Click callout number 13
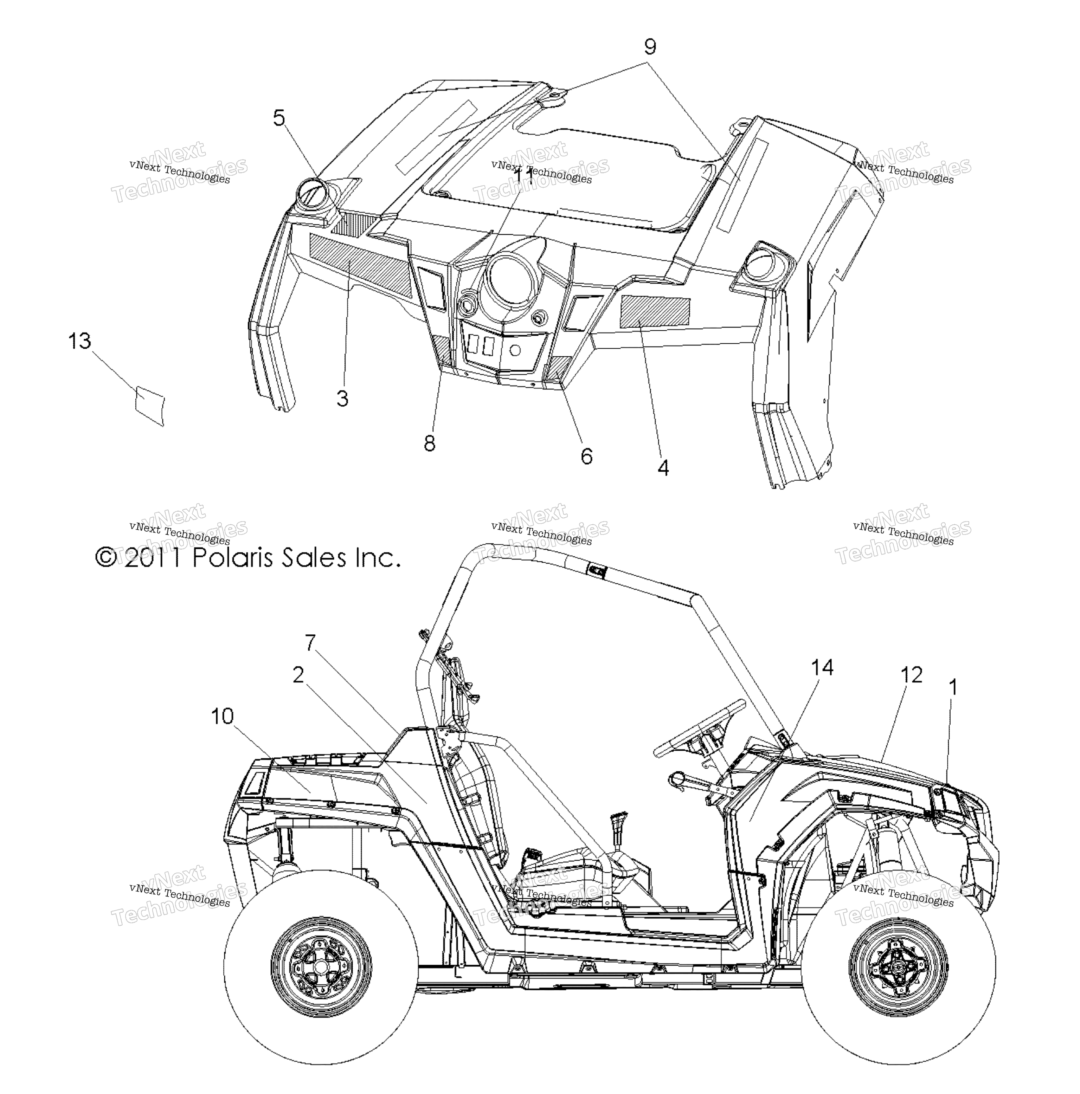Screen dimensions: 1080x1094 [79, 342]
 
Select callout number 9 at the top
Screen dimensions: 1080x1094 [650, 46]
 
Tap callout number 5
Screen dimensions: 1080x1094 [279, 118]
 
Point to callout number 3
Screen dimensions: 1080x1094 [342, 399]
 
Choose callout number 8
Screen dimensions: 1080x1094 [429, 444]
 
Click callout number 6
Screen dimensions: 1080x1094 [587, 456]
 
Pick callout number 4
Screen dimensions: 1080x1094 [663, 468]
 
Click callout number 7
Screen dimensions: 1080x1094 [310, 643]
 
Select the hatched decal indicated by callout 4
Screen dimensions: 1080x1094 [656, 311]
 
